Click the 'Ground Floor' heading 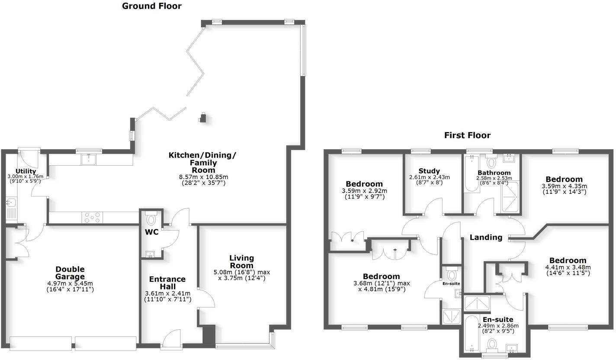(x=151, y=6)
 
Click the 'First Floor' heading (x=467, y=135)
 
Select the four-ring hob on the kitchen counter (x=92, y=217)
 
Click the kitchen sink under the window (x=89, y=159)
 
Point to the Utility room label (x=26, y=171)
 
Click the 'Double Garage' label (x=70, y=273)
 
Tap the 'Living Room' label (x=241, y=262)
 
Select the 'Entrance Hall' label (x=167, y=283)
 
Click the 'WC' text (x=151, y=232)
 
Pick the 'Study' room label (x=429, y=171)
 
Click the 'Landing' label (x=486, y=237)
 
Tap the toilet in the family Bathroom (x=491, y=163)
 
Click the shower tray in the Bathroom (x=511, y=197)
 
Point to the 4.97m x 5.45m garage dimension (x=70, y=283)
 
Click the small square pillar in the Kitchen (x=202, y=117)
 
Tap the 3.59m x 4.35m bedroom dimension (x=564, y=186)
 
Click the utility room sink (x=10, y=202)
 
